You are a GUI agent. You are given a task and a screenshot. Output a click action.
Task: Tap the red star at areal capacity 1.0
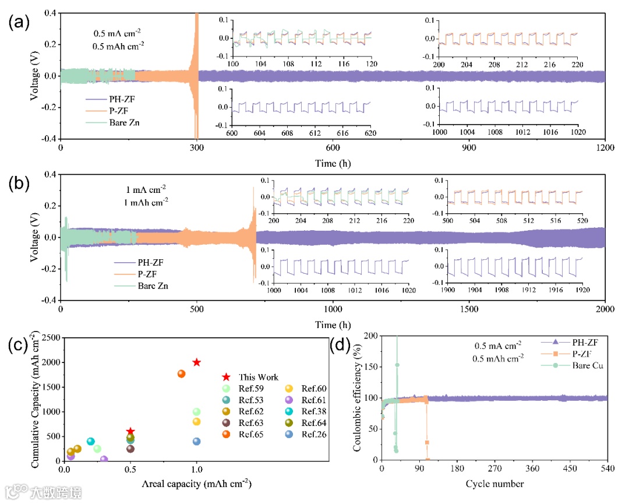[197, 362]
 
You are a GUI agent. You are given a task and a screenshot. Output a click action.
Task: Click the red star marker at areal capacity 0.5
[130, 432]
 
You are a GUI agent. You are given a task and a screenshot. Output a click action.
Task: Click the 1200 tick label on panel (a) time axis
[605, 148]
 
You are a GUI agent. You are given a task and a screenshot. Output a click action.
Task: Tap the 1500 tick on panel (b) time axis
[469, 309]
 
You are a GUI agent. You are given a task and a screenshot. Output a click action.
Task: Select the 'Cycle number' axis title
[494, 484]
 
